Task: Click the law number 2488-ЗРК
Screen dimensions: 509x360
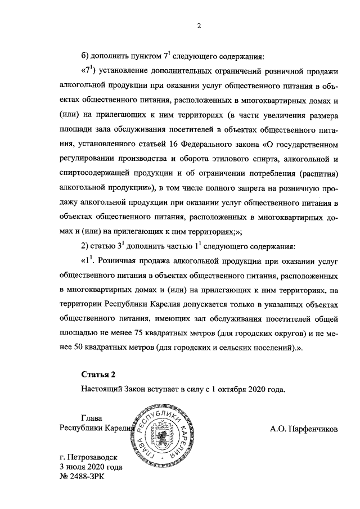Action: tap(87, 477)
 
